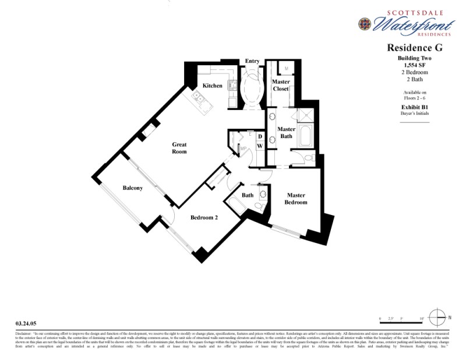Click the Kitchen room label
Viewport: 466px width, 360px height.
(212, 86)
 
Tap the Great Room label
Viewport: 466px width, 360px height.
(179, 148)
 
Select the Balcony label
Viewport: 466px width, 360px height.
(132, 188)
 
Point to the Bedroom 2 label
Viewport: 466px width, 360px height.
(204, 217)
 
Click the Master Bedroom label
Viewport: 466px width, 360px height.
(295, 199)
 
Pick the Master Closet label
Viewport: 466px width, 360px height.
(281, 85)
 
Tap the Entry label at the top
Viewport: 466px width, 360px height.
(252, 61)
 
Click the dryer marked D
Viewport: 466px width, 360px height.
(260, 137)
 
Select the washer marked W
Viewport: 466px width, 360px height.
(260, 146)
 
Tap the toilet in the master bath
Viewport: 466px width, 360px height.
(309, 158)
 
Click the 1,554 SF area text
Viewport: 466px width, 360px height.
(415, 65)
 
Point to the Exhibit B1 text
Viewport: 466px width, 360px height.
(415, 107)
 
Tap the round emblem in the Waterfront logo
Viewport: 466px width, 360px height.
(364, 23)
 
